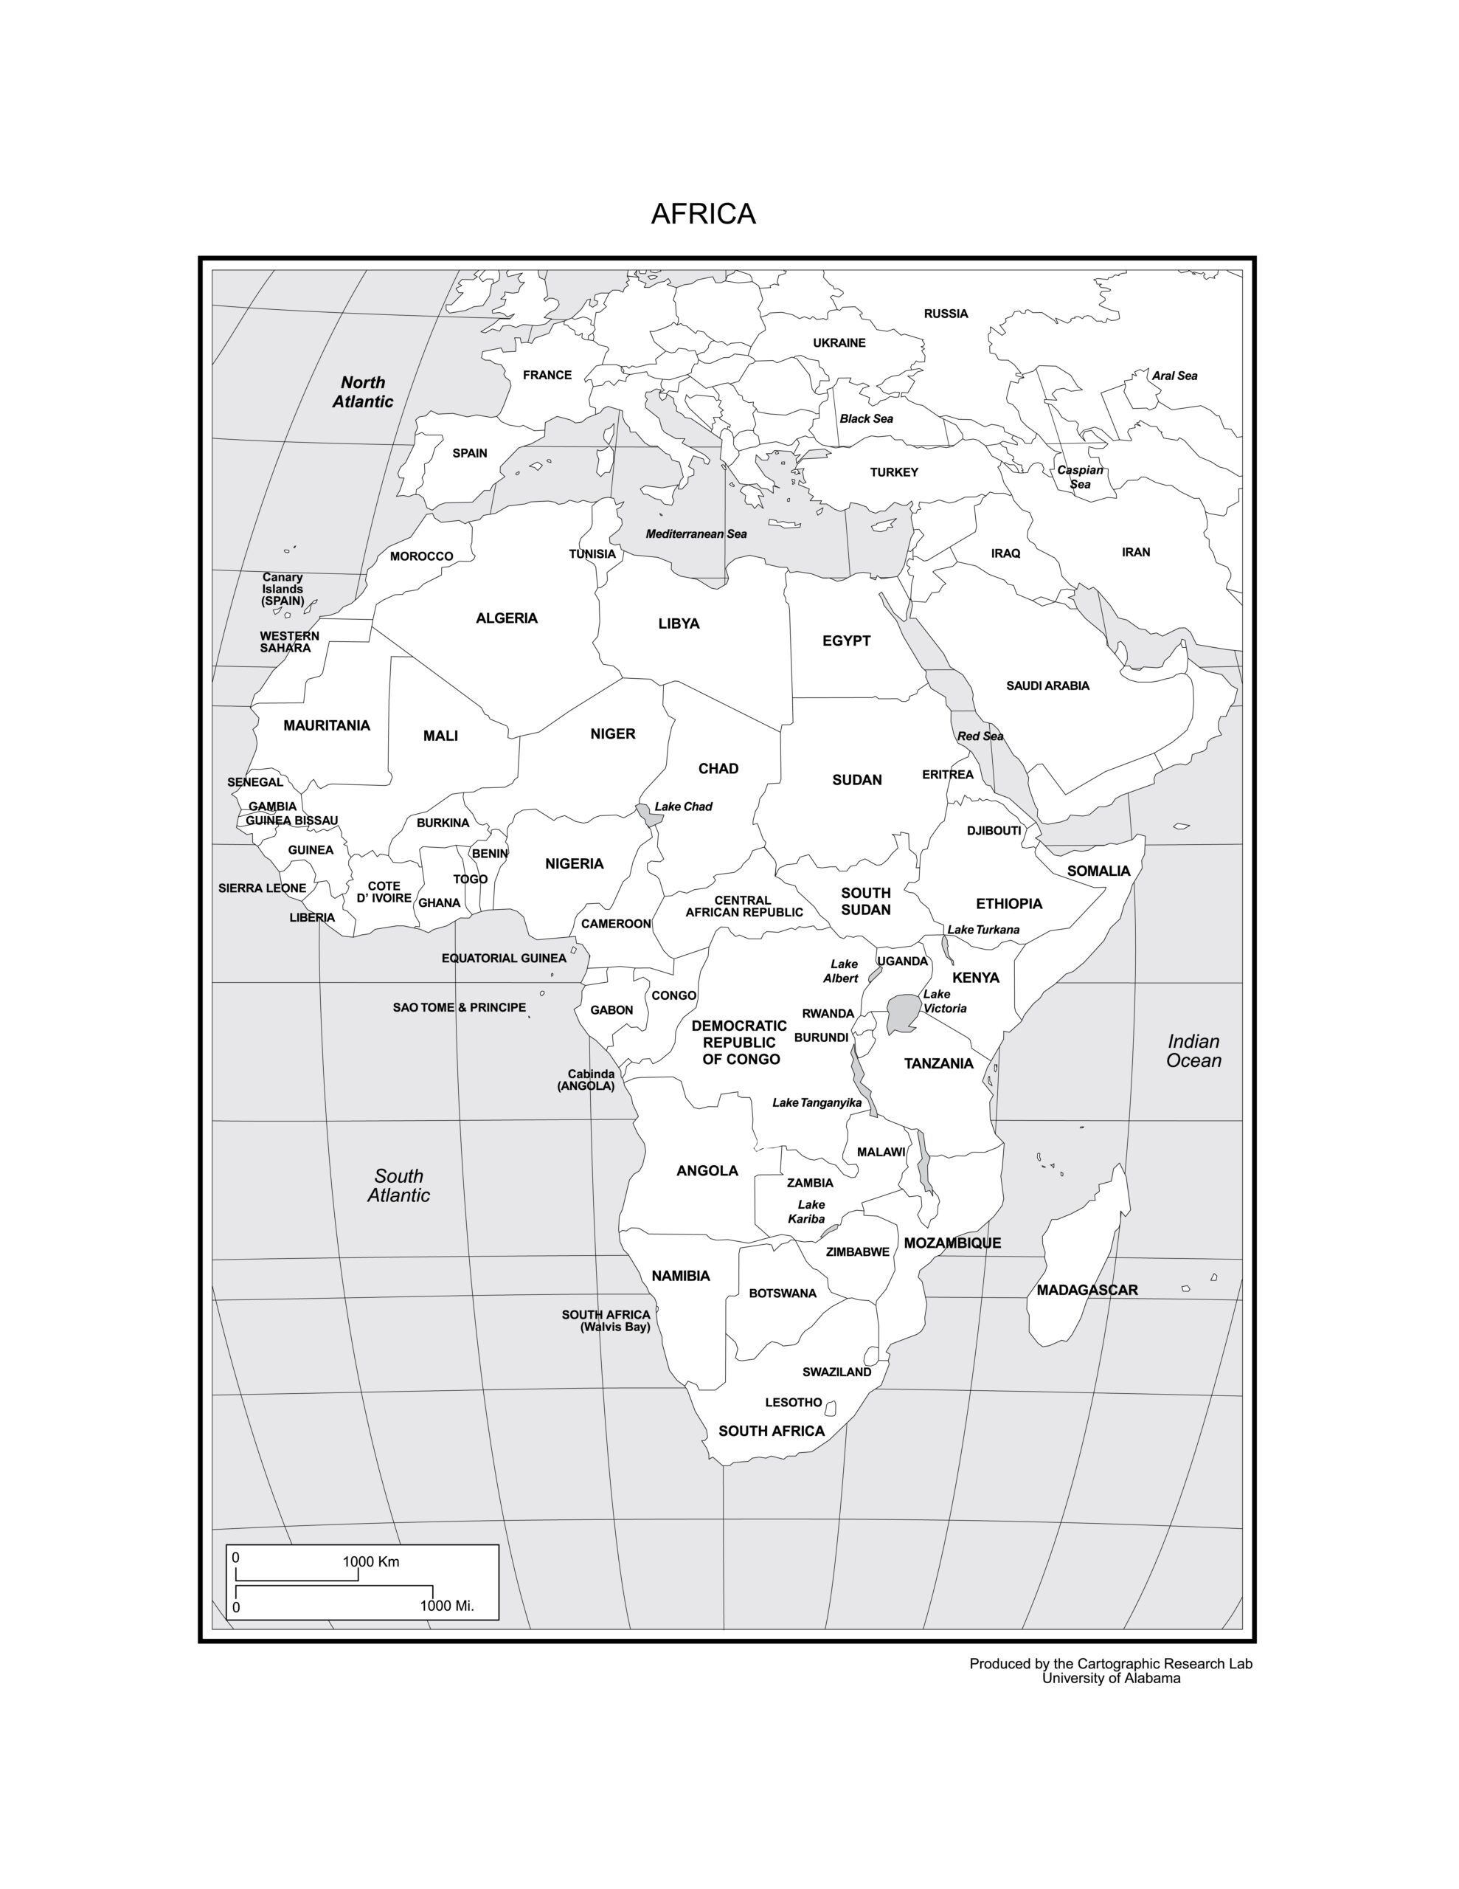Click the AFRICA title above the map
pos(702,214)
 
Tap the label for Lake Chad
pos(682,806)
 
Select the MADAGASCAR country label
pos(1087,1290)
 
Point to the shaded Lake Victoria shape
pos(902,1012)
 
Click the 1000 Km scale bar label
pos(370,1561)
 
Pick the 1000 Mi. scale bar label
pos(446,1606)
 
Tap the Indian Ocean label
pos(1193,1051)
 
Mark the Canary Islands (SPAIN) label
pos(283,588)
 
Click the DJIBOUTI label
pos(993,830)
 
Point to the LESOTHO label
pos(793,1402)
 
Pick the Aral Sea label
pos(1174,376)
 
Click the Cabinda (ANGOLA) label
pos(587,1080)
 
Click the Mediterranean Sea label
pos(696,533)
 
